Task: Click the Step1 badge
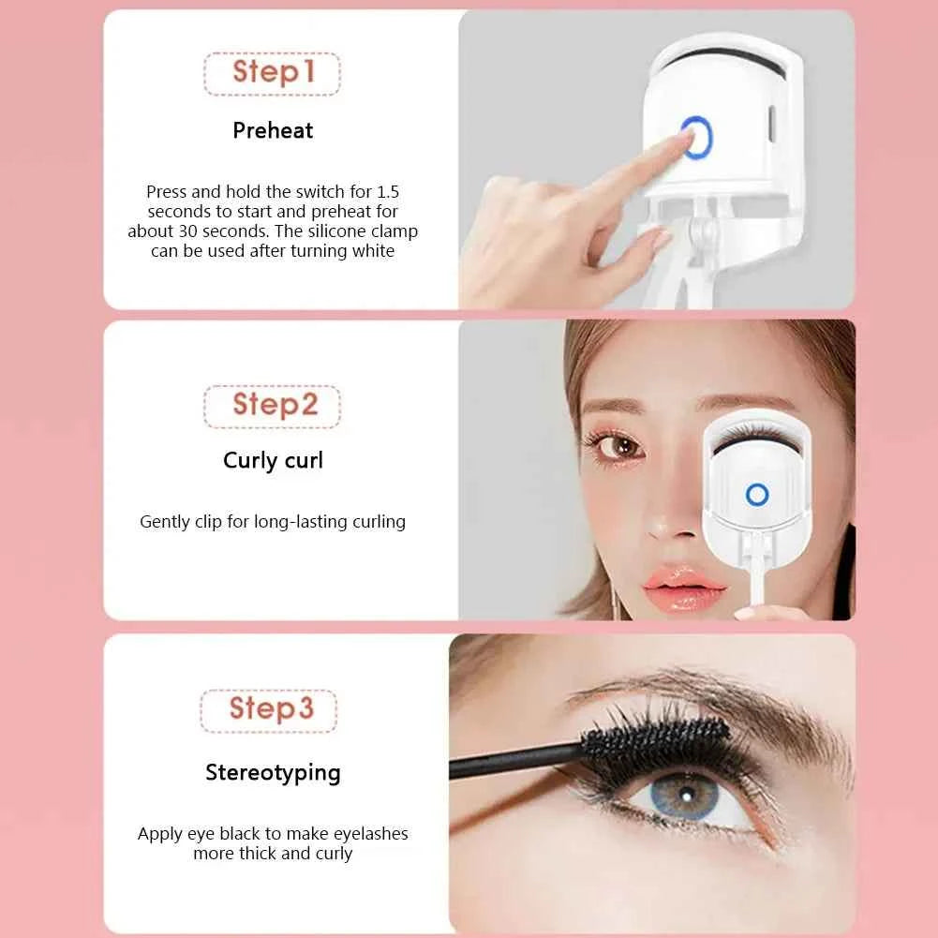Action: (272, 73)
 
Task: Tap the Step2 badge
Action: (272, 406)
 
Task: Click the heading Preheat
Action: (273, 130)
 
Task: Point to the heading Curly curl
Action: (273, 461)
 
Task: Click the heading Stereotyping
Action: (273, 773)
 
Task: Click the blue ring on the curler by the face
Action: (756, 495)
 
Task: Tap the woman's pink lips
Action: (683, 588)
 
